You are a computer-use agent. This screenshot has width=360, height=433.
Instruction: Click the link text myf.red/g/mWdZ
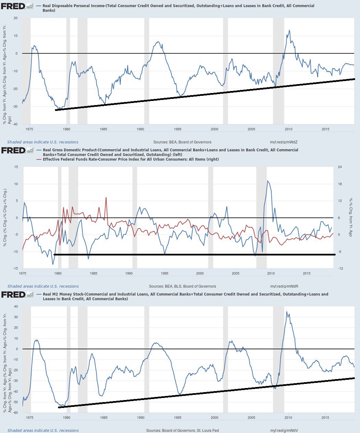[x=284, y=142]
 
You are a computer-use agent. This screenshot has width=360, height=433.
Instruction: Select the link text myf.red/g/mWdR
[x=284, y=286]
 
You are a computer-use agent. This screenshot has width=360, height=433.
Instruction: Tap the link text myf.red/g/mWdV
[x=284, y=430]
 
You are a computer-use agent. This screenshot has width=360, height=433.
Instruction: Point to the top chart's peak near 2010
[x=289, y=30]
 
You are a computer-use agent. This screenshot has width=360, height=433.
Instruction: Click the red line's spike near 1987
[x=106, y=198]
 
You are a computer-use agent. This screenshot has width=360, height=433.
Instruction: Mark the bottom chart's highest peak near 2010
[x=287, y=312]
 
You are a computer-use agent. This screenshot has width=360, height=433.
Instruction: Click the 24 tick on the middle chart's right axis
[x=340, y=167]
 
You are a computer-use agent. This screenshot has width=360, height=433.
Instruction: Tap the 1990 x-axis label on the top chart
[x=140, y=129]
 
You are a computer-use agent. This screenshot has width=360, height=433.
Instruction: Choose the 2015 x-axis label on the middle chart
[x=306, y=273]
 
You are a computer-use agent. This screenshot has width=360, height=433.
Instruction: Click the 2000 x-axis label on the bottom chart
[x=214, y=418]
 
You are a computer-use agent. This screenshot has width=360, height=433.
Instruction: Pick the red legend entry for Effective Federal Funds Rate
[x=130, y=159]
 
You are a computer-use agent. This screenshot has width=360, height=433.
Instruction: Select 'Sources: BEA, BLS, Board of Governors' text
[x=182, y=286]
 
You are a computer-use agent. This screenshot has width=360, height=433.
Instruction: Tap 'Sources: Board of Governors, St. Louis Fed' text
[x=182, y=430]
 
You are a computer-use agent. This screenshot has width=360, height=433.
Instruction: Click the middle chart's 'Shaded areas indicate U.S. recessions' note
[x=43, y=286]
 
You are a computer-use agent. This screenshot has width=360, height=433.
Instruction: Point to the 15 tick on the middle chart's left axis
[x=15, y=167]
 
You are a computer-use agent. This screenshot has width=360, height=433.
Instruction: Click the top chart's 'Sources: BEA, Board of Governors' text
[x=182, y=142]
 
